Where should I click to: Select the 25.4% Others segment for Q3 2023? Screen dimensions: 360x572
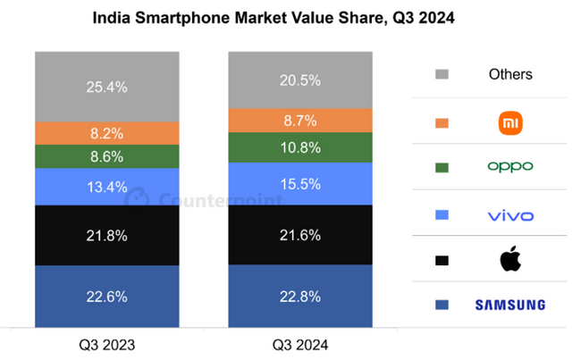pos(106,87)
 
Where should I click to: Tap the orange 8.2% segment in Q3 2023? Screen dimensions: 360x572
pos(106,133)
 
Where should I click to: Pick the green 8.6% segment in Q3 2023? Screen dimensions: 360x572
pos(106,156)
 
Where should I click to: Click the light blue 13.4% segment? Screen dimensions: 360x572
pos(106,187)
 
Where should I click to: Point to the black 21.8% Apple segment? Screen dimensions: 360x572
pos(106,235)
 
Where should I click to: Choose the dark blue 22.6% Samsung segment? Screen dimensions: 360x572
pos(106,296)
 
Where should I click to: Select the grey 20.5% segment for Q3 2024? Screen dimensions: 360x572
pos(299,80)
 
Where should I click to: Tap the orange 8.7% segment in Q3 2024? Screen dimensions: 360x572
pos(299,120)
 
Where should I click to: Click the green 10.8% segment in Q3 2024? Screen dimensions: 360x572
pos(299,147)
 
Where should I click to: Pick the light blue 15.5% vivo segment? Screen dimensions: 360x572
pos(299,183)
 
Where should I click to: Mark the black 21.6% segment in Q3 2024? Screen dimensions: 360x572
pos(299,235)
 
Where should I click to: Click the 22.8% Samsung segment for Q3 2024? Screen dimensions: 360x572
pos(299,296)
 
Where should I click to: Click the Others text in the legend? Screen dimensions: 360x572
pos(510,74)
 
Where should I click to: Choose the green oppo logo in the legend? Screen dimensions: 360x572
pos(510,167)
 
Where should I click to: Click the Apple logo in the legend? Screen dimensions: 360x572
pos(510,260)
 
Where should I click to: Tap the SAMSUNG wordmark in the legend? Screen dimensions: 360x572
pos(510,306)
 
